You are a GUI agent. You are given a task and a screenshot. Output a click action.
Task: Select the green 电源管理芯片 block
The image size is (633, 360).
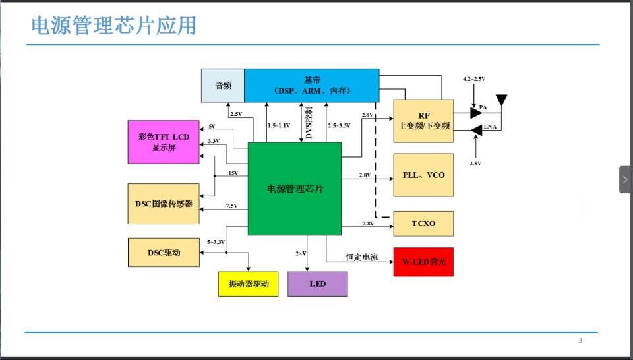point(294,189)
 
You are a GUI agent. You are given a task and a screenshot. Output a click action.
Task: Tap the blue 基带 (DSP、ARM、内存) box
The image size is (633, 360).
point(311,85)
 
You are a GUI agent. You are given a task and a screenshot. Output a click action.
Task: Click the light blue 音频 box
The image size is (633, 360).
point(223,85)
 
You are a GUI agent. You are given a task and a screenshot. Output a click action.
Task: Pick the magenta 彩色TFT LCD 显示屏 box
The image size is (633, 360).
point(164,142)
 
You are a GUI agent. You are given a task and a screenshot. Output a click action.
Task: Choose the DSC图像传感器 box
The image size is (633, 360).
point(164,204)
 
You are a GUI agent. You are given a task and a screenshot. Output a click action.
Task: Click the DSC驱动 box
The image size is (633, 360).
point(164,253)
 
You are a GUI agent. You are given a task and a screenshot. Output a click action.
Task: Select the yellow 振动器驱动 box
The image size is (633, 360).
point(248,284)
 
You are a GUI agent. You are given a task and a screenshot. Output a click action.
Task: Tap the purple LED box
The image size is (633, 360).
point(317,284)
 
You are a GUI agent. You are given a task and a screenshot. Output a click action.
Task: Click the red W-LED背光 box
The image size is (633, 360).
point(423,262)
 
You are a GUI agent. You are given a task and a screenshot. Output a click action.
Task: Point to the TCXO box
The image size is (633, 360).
point(423,224)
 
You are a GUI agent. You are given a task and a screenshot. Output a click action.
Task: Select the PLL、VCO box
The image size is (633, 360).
point(423,175)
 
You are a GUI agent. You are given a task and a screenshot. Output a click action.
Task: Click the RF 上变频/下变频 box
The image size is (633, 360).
point(423,121)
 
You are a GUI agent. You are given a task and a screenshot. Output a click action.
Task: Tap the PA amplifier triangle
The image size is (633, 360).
point(476,113)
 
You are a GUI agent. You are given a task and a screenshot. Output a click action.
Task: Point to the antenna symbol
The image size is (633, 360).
point(501,101)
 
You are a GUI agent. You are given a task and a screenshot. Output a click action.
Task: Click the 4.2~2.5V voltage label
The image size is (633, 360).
point(474,79)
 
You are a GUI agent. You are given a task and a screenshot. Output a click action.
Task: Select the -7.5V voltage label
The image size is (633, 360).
point(230,206)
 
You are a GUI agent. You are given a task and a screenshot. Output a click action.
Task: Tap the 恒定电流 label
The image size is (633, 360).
point(361,257)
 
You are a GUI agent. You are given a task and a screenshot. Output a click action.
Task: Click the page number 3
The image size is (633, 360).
point(580,340)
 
